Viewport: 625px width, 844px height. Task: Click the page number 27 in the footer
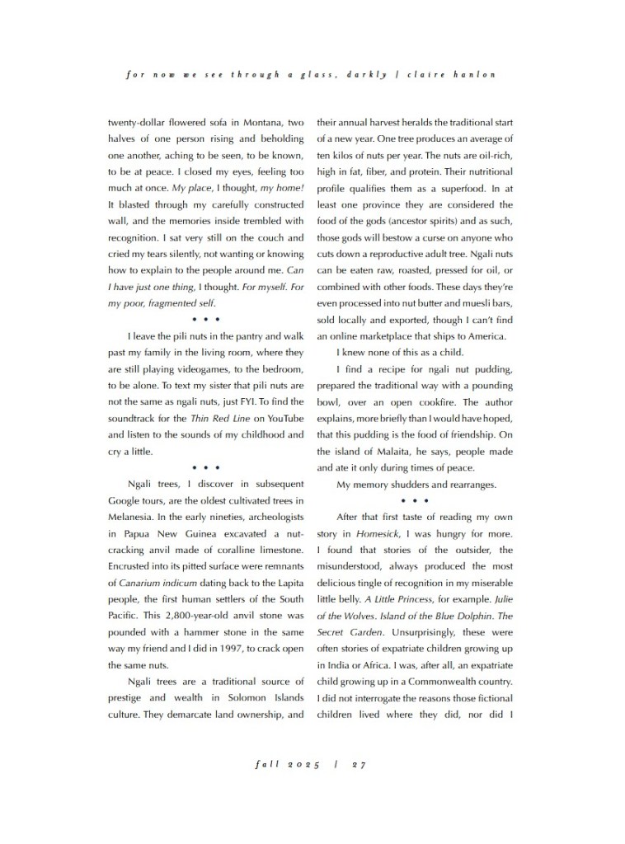(x=359, y=764)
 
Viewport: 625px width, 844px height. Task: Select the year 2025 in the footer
(x=303, y=764)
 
